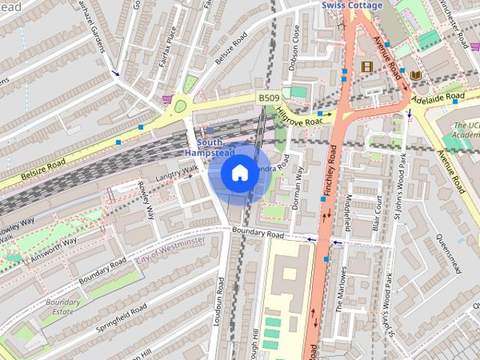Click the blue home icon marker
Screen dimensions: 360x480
pyautogui.click(x=238, y=172)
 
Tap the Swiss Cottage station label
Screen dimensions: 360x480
pyautogui.click(x=352, y=5)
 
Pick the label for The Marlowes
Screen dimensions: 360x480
pyautogui.click(x=341, y=289)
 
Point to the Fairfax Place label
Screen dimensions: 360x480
pyautogui.click(x=166, y=46)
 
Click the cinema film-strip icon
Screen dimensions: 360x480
pyautogui.click(x=366, y=66)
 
